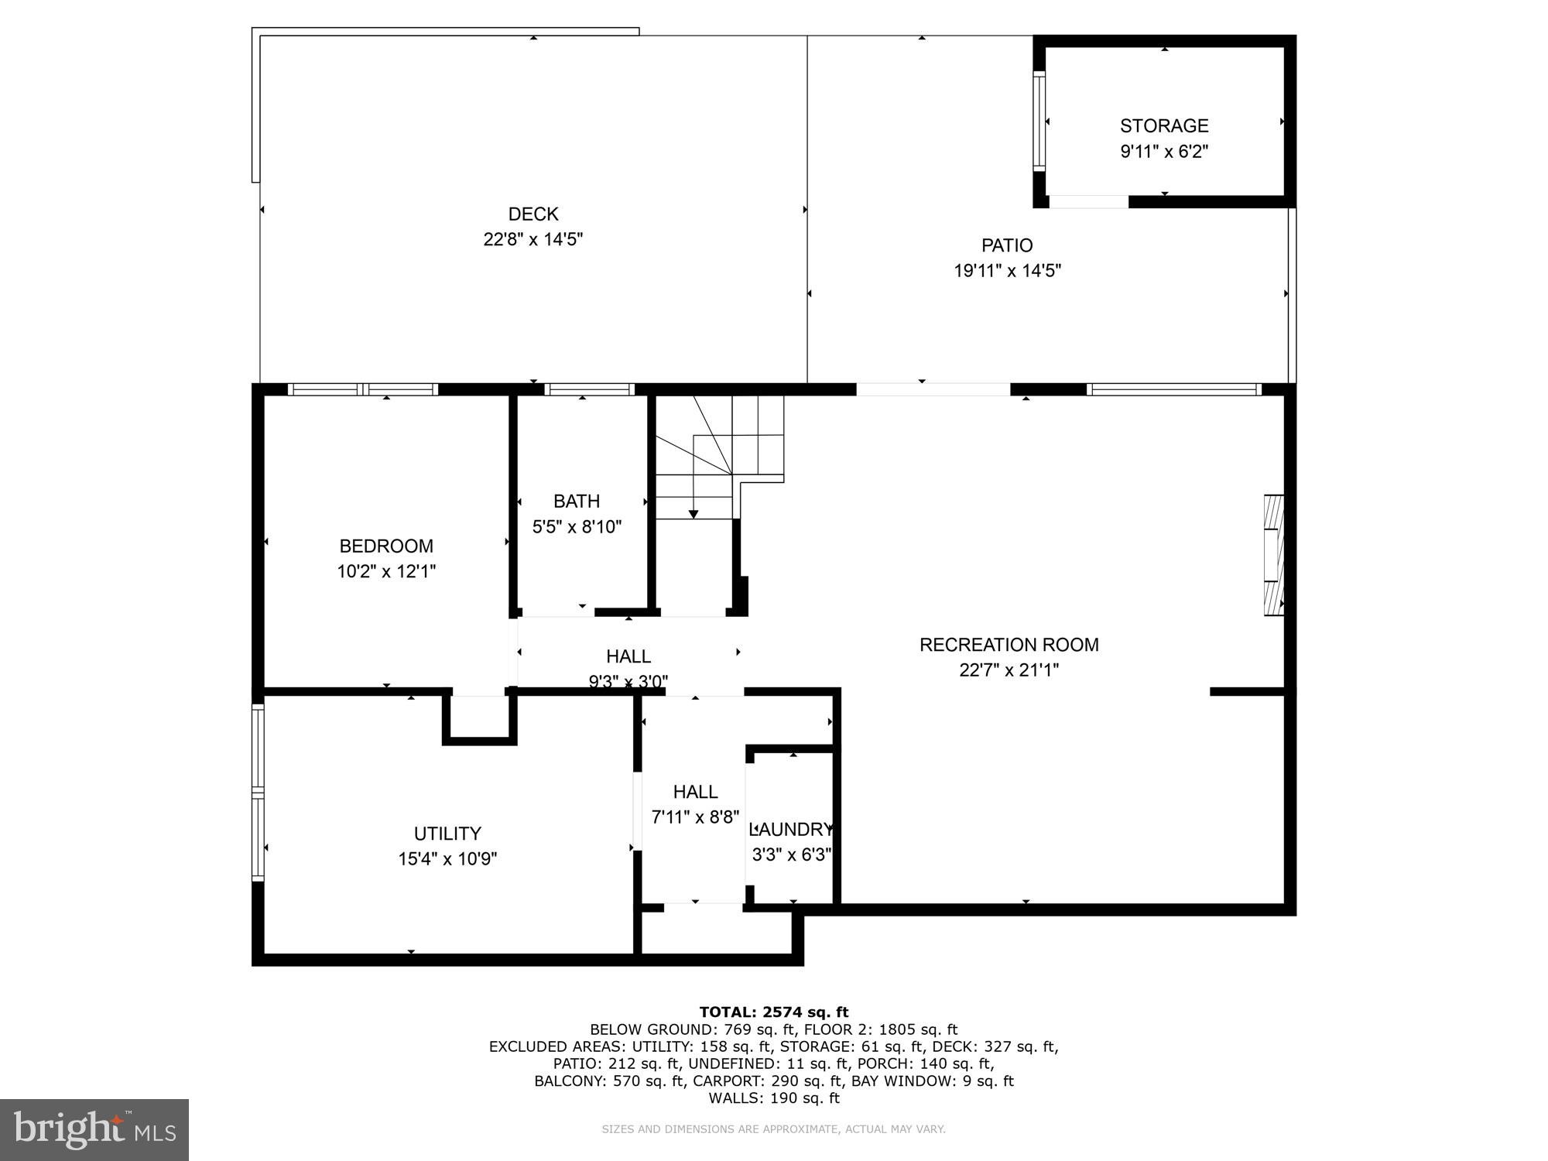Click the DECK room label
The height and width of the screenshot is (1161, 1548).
[533, 214]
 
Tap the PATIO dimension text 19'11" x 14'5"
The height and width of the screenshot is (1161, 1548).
[1007, 271]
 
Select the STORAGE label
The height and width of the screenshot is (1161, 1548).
[1163, 125]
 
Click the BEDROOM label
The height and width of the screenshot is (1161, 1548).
[386, 546]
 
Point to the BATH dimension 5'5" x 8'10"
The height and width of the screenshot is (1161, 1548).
[577, 527]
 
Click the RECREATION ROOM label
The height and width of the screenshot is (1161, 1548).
[1009, 645]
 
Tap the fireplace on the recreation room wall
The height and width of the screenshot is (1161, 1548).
[1273, 555]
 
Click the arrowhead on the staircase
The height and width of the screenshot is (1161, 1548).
[694, 514]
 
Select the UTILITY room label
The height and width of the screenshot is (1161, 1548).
[447, 834]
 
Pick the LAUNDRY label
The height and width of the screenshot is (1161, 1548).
[792, 830]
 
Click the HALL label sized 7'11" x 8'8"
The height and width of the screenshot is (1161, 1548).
[695, 792]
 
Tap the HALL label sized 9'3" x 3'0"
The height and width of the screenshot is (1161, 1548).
[628, 656]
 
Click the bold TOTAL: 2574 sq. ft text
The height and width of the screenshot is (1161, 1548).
[773, 1012]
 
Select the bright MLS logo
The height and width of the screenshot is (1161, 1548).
[94, 1129]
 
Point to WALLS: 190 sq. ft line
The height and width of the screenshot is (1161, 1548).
[773, 1098]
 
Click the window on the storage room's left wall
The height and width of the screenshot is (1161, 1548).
[1039, 120]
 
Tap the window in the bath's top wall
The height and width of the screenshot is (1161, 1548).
[590, 389]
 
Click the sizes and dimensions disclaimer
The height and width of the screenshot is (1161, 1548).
[773, 1129]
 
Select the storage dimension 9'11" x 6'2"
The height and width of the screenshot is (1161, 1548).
[1163, 151]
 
